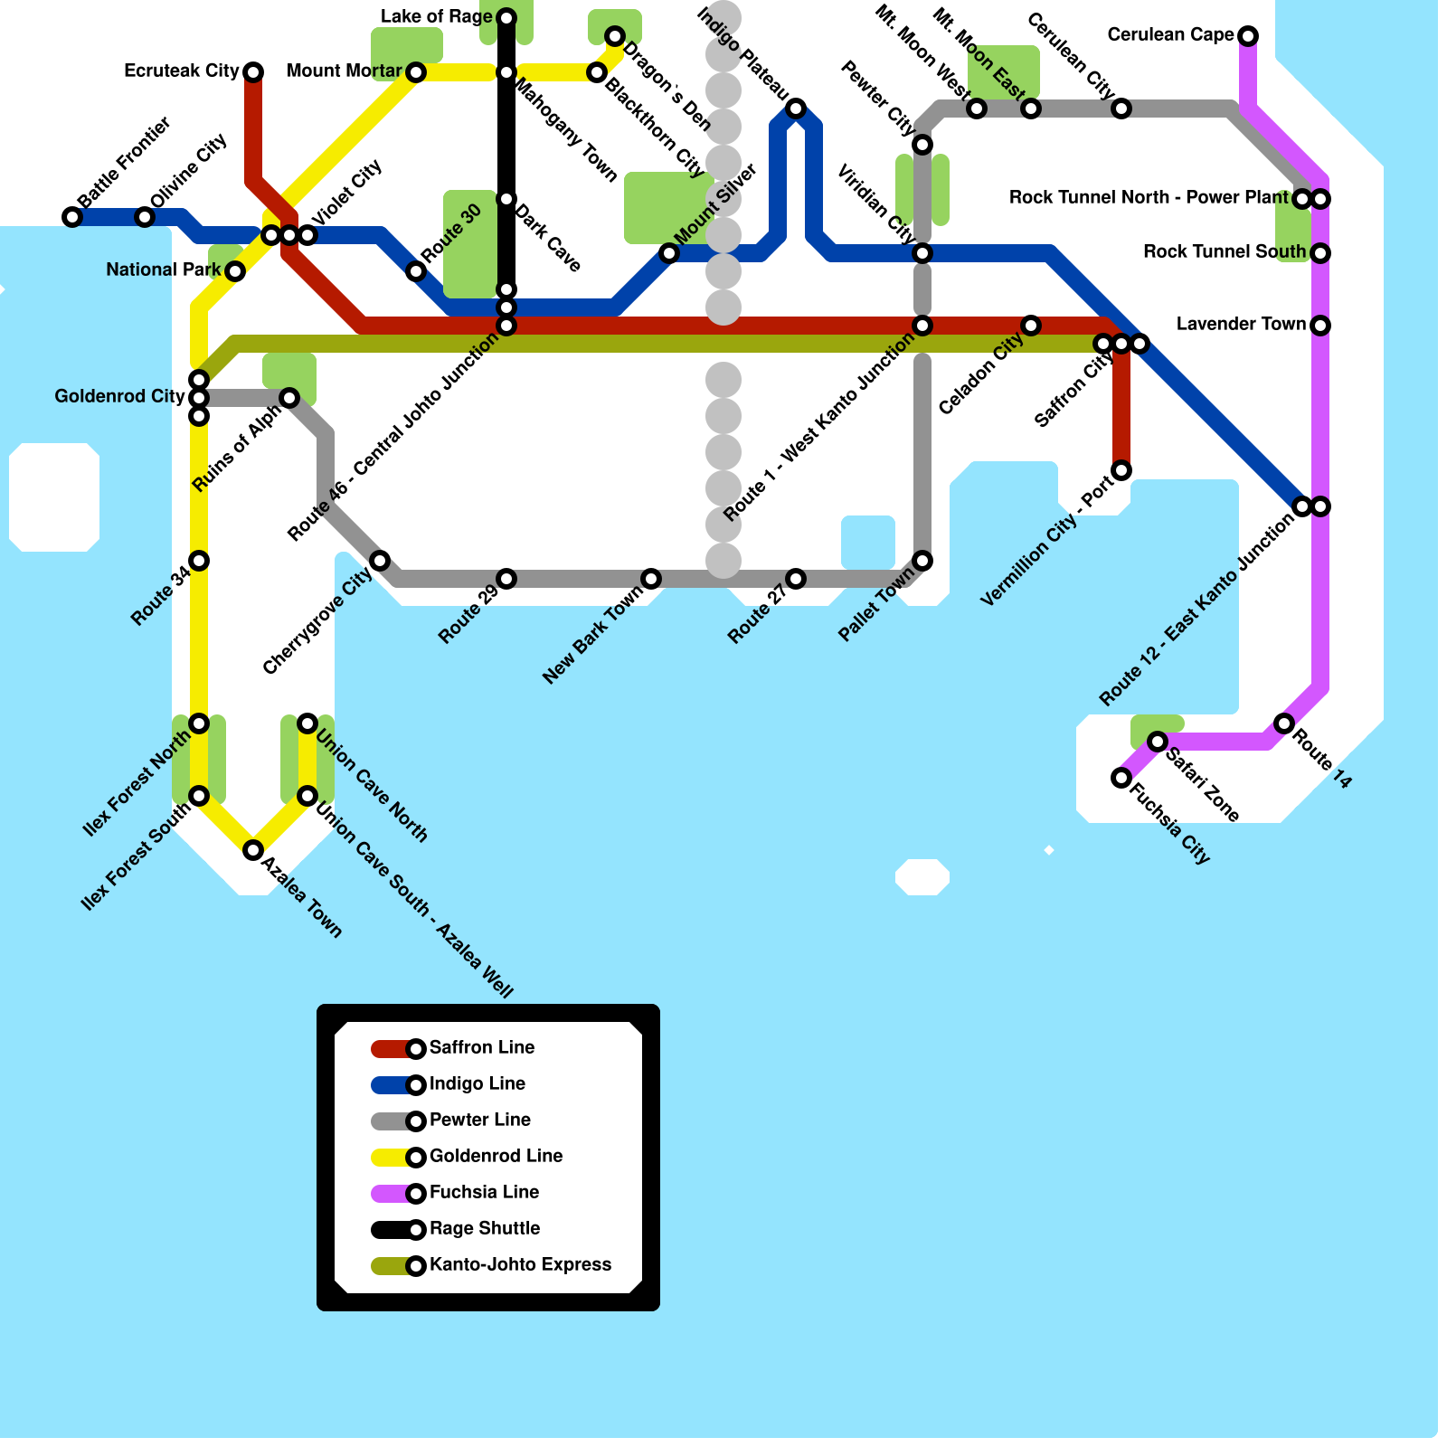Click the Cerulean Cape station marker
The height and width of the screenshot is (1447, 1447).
[x=1248, y=36]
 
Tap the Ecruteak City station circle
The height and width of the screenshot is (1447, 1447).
[x=253, y=72]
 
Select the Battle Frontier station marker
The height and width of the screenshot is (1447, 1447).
[x=72, y=217]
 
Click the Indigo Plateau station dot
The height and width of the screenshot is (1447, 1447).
[x=796, y=109]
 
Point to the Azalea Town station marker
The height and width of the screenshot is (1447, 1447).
[x=253, y=850]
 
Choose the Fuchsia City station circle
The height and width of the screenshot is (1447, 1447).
[x=1121, y=778]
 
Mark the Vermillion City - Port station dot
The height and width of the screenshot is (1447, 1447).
[x=1121, y=470]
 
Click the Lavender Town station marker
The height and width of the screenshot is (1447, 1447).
[x=1320, y=326]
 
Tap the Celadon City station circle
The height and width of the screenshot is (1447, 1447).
[x=1031, y=326]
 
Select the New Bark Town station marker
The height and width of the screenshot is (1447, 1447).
[x=651, y=579]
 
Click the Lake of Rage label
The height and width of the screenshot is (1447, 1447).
[x=436, y=17]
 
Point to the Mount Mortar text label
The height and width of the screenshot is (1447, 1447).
[x=344, y=71]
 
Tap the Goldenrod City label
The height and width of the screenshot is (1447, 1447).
[x=119, y=397]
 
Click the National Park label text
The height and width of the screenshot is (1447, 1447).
[x=163, y=270]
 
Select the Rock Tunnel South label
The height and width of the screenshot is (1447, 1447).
[x=1224, y=252]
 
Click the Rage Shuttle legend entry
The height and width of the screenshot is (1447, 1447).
[x=484, y=1229]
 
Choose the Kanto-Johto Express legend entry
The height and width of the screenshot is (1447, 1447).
[x=520, y=1265]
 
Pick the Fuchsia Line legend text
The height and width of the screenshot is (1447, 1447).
[x=484, y=1193]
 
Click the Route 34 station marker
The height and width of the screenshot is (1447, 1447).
[x=199, y=561]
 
